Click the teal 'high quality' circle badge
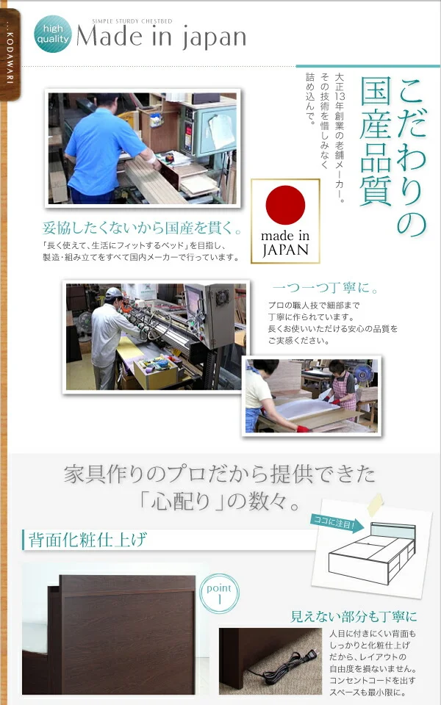click(53, 35)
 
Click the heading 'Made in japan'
click(162, 37)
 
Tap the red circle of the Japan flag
click(285, 205)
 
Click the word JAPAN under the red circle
click(285, 250)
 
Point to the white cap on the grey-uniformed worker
click(113, 293)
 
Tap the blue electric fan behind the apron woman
click(362, 374)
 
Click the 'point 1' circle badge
click(219, 593)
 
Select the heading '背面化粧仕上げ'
click(87, 540)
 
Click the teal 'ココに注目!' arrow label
click(337, 523)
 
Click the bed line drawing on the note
click(372, 553)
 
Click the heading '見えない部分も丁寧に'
click(354, 616)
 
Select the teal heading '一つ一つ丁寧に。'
click(326, 288)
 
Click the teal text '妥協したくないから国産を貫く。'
click(142, 228)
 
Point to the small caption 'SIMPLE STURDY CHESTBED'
click(132, 21)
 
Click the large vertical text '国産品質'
click(376, 142)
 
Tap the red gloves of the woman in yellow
click(302, 429)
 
